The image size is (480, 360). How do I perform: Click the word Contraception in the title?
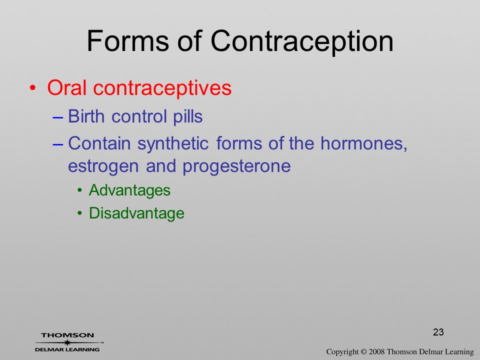coord(302,41)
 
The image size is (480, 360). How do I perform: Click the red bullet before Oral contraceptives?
coord(33,88)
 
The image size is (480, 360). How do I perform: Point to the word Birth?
coord(86,116)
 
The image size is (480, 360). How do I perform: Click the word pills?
coord(188,117)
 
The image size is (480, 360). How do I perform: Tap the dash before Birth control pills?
coord(58,117)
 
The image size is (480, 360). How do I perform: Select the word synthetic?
coord(173,144)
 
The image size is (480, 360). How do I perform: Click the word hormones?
coord(363,143)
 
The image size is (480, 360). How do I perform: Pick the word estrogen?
coord(103,167)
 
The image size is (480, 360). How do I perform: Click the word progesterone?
coord(236,167)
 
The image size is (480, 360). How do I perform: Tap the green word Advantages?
coord(129,190)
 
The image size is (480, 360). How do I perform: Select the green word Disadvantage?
coord(136,213)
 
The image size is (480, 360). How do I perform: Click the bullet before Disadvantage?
coord(80,213)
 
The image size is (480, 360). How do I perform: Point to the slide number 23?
coord(438,332)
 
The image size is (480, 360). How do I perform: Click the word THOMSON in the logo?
coord(67,335)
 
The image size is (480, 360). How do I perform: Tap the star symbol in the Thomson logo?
coord(67,342)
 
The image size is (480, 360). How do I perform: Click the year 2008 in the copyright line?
coord(376,351)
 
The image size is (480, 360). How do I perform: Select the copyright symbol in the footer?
coord(363,351)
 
